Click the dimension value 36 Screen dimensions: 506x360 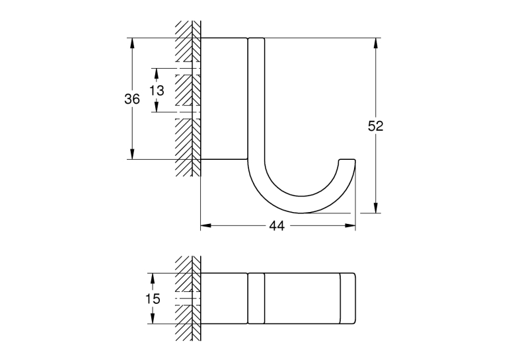pos(132,98)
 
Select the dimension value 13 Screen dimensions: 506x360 pos(157,90)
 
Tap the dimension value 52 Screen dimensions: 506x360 pos(376,126)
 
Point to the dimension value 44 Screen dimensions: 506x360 pos(277,226)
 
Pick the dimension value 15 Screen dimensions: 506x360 pos(153,299)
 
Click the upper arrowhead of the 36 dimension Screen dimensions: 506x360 pos(132,43)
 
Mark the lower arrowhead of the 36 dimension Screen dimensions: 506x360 pos(132,154)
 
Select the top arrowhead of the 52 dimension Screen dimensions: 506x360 pos(376,43)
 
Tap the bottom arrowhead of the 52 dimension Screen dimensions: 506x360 pos(376,208)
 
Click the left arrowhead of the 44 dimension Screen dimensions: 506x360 pos(205,225)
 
